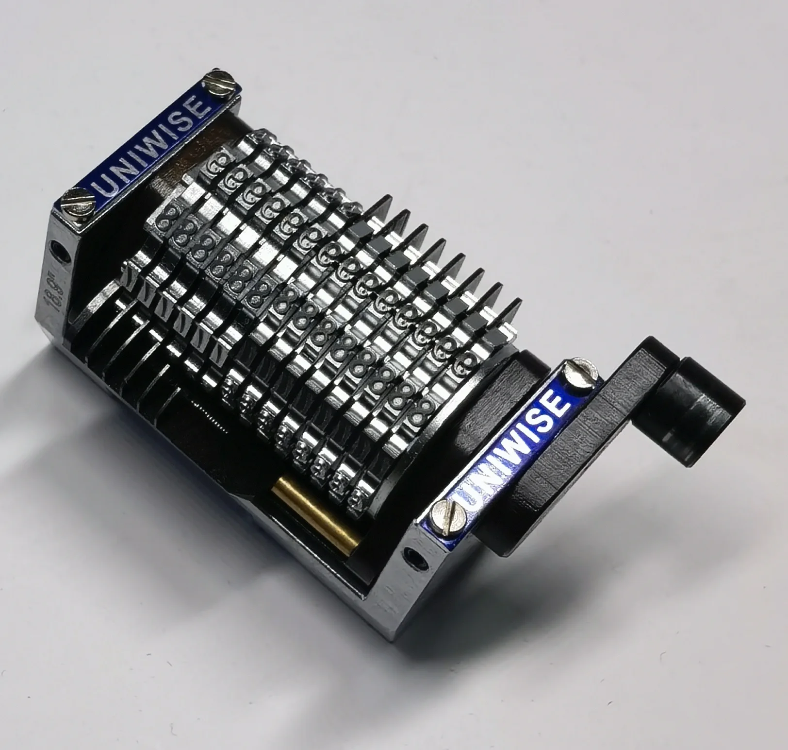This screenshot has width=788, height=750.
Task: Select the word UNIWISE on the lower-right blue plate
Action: tap(511, 442)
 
